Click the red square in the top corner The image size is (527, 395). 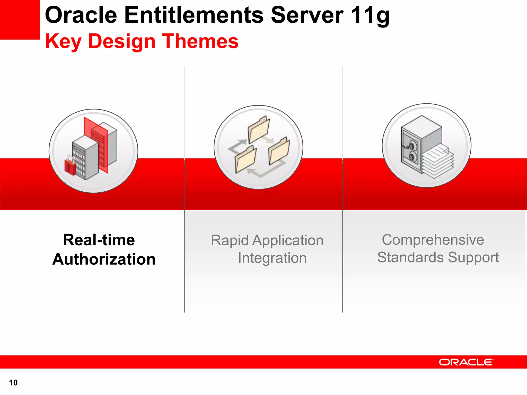pyautogui.click(x=20, y=19)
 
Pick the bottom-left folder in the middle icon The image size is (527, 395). pyautogui.click(x=245, y=159)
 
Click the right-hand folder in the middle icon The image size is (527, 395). pyautogui.click(x=279, y=152)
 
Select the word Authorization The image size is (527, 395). pyautogui.click(x=104, y=259)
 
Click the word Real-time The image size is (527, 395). pyautogui.click(x=99, y=240)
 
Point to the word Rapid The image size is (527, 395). pyautogui.click(x=230, y=240)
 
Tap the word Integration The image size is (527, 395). pyautogui.click(x=272, y=258)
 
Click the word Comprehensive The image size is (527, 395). pyautogui.click(x=433, y=240)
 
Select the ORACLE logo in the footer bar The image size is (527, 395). pyautogui.click(x=466, y=362)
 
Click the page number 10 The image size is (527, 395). pyautogui.click(x=13, y=383)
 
